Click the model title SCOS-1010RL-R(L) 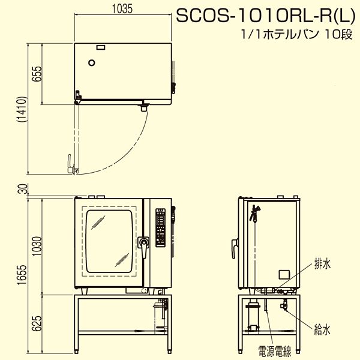266,16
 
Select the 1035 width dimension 122,9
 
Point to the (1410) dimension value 22,109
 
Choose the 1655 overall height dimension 22,275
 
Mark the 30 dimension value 24,189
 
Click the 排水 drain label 322,265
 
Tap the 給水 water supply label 322,330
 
